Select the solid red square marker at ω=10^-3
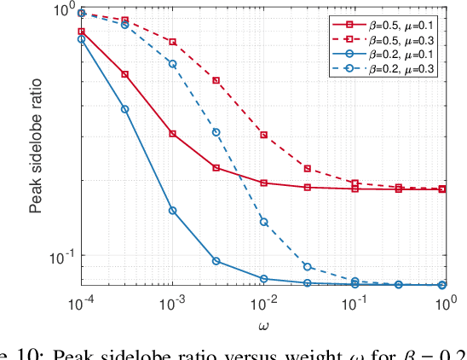(x=173, y=134)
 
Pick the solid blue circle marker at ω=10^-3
(x=173, y=210)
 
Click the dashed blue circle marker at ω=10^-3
(x=173, y=64)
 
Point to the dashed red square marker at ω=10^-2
(x=264, y=135)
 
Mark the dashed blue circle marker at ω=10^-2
(x=264, y=222)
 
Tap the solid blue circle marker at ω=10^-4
(x=82, y=39)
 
